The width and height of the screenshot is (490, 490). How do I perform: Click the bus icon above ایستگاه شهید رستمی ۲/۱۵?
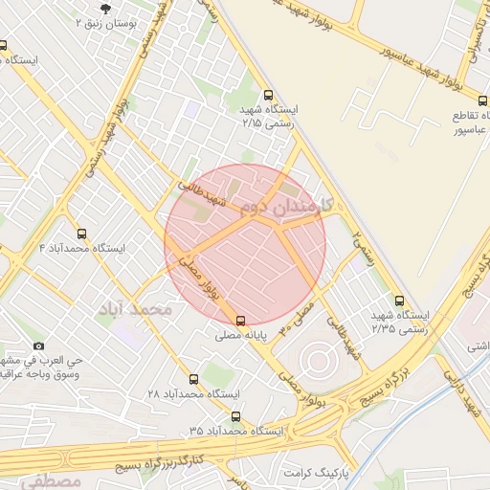coord(268,95)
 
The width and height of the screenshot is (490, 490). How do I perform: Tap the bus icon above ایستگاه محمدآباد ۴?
coord(80,234)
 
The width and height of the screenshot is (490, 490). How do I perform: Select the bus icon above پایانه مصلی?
coord(240,322)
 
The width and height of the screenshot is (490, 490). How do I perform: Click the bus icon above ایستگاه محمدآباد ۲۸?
coord(194,379)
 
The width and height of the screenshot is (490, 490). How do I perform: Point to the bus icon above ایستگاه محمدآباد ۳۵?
coord(235,416)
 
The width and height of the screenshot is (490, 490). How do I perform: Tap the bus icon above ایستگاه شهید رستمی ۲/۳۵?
coord(399,300)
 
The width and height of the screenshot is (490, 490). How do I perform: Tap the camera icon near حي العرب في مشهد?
coord(38,345)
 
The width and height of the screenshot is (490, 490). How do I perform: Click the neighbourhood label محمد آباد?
coord(135,310)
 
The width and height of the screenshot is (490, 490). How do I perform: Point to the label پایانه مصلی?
coord(241,337)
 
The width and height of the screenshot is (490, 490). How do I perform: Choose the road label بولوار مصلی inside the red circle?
coord(204,274)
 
